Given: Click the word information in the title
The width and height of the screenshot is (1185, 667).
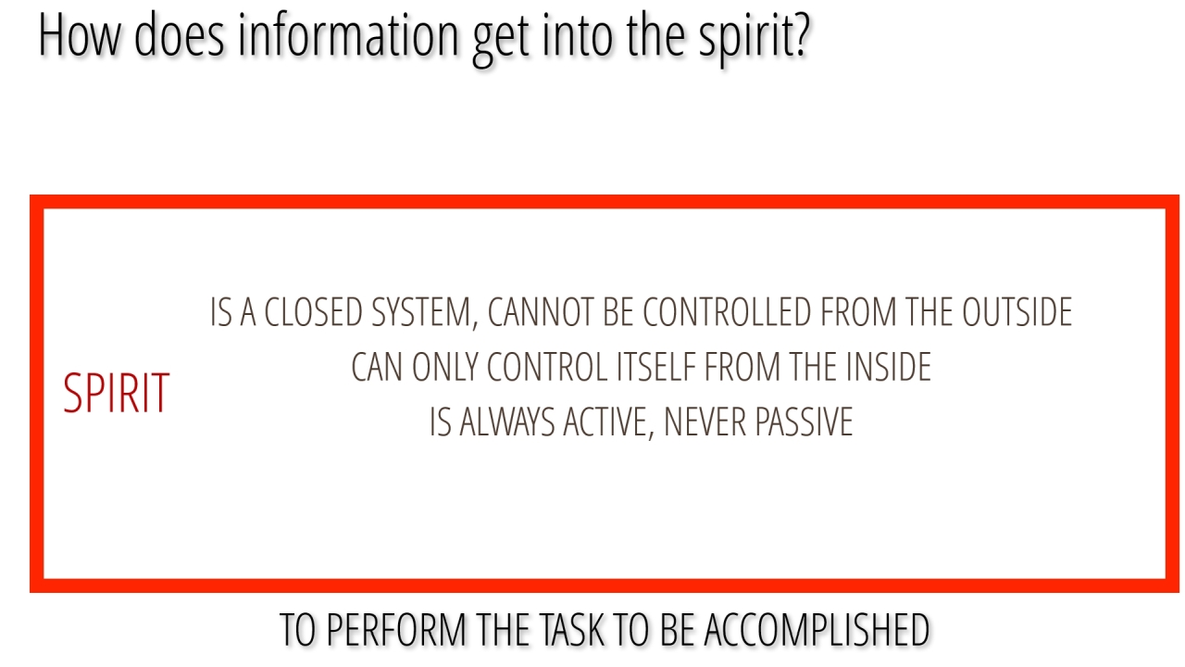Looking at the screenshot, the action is point(348,35).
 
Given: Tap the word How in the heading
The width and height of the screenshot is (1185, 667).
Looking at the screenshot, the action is point(80,35).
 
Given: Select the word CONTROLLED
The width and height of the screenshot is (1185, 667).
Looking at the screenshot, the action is point(727,312).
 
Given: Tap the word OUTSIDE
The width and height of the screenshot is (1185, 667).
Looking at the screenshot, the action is point(1017,312).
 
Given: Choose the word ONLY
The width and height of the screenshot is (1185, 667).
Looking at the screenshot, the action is point(445,368).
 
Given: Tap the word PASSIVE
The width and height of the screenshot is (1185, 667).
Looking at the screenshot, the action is point(805,422).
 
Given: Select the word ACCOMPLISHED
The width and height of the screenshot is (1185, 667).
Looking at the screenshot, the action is point(817,630).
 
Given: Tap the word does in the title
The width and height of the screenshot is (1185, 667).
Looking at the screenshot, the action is point(180,35).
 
